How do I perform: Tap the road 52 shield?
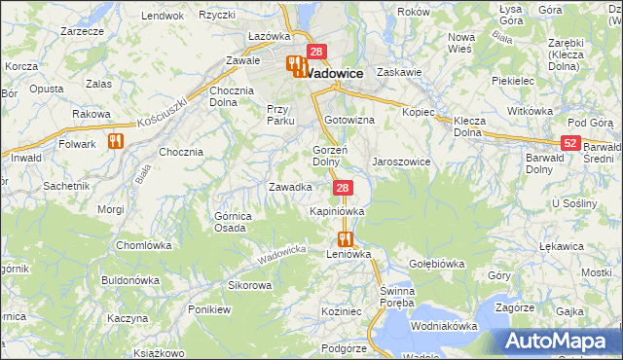[x=570, y=143]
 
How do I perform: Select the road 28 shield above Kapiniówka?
[x=342, y=187]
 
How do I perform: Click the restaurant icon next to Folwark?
[x=117, y=142]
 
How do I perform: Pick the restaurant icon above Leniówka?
[x=344, y=238]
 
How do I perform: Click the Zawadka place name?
[x=290, y=187]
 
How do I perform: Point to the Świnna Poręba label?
[x=398, y=297]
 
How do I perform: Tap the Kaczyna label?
[x=128, y=318]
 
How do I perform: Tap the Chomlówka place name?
[x=144, y=245]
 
